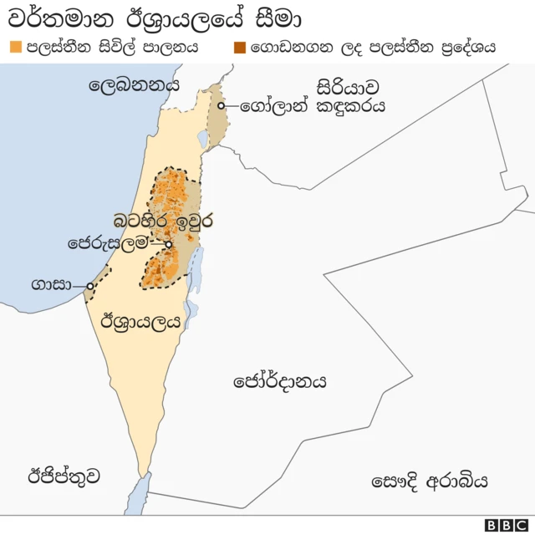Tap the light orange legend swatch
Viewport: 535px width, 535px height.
[x=14, y=48]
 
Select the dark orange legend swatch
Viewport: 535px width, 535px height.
[x=240, y=48]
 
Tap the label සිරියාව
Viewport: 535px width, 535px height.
[x=349, y=86]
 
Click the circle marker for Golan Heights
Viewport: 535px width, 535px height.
[x=222, y=106]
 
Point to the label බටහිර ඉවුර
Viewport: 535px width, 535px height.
[x=164, y=222]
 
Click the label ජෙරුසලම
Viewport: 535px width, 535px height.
[x=112, y=244]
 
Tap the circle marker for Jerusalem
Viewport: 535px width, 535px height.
[x=169, y=244]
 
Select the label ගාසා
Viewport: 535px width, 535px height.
[x=49, y=284]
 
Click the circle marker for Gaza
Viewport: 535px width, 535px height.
[x=89, y=286]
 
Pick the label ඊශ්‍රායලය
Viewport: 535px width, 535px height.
[x=140, y=321]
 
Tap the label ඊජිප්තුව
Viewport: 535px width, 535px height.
[x=64, y=476]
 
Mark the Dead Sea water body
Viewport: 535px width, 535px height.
[x=196, y=270]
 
